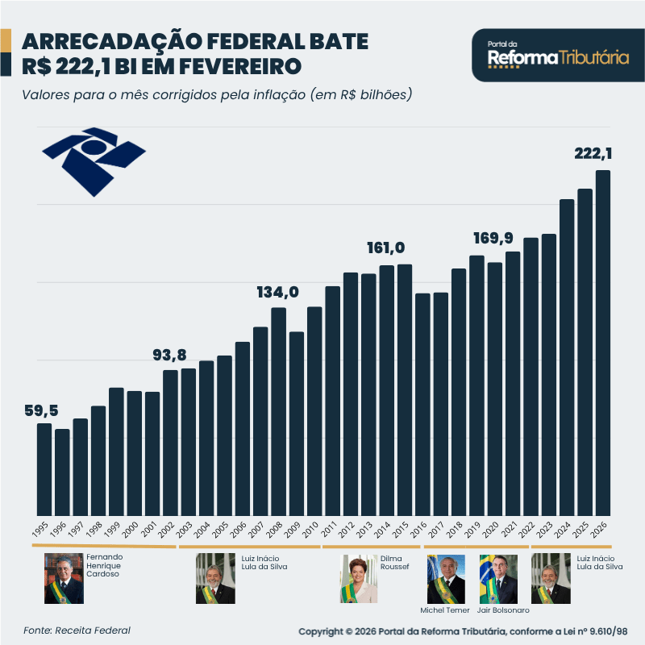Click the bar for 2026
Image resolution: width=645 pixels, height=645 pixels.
[x=602, y=343]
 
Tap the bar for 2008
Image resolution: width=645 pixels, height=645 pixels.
[x=279, y=411]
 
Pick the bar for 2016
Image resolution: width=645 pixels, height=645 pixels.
[x=422, y=404]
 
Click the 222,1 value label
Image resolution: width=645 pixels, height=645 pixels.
[x=593, y=153]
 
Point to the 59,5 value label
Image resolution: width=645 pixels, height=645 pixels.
[x=42, y=411]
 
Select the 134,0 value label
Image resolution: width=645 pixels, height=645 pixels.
[x=278, y=292]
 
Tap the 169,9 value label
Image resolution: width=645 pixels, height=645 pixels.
[x=493, y=238]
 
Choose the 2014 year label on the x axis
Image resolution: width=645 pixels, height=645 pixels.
[x=384, y=530]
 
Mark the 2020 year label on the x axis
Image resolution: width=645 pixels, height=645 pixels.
[x=492, y=530]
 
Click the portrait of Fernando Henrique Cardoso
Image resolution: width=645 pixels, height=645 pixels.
[x=64, y=579]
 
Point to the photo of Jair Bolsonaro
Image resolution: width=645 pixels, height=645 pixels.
[x=498, y=579]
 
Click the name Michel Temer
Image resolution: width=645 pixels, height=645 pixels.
[x=445, y=610]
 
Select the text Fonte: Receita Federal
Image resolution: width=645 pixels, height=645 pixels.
[x=77, y=630]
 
